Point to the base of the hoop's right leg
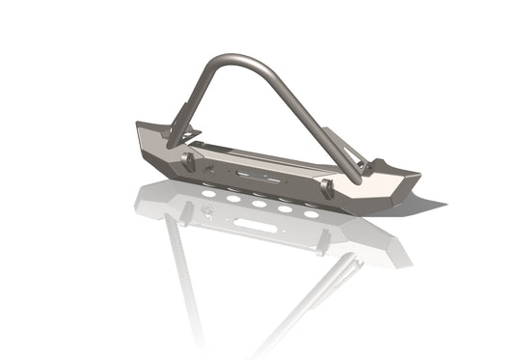click(x=357, y=178)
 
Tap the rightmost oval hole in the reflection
click(x=311, y=213)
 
